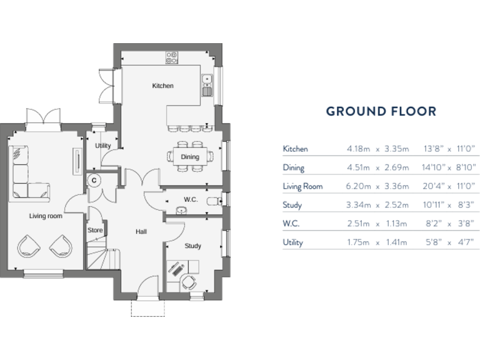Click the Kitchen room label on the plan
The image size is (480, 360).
pyautogui.click(x=162, y=86)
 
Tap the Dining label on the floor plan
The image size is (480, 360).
pyautogui.click(x=190, y=157)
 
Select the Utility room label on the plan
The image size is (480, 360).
pyautogui.click(x=103, y=146)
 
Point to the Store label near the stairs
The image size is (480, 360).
pyautogui.click(x=95, y=230)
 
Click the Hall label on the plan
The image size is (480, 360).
pyautogui.click(x=141, y=232)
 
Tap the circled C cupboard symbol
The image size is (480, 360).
pyautogui.click(x=94, y=180)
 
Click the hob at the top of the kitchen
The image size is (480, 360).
pyautogui.click(x=172, y=57)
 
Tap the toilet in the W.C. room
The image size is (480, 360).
pyautogui.click(x=215, y=200)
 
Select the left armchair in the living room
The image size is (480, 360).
pyautogui.click(x=28, y=246)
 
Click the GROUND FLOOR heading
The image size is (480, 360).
pyautogui.click(x=381, y=112)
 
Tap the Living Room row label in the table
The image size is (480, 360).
pyautogui.click(x=302, y=186)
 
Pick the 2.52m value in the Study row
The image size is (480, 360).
pyautogui.click(x=397, y=205)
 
